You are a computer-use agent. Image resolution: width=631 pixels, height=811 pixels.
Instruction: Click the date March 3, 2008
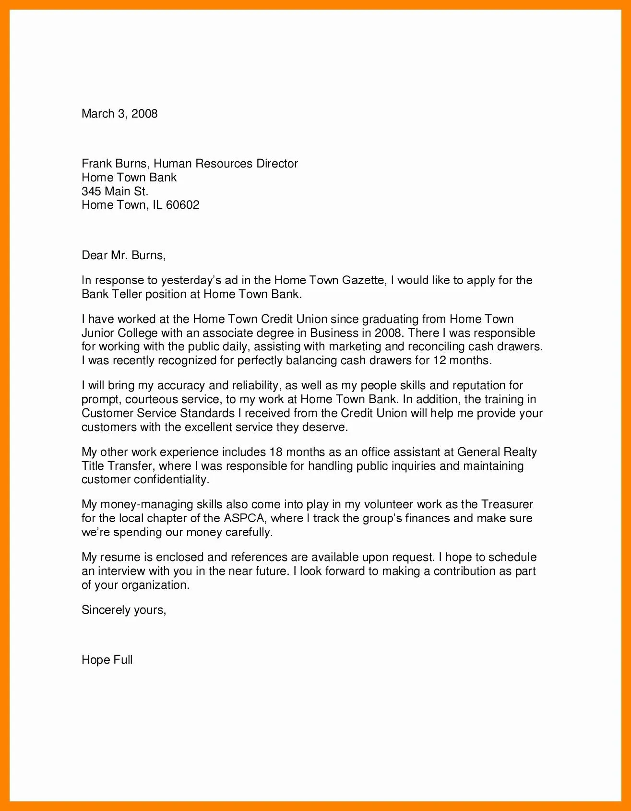(119, 114)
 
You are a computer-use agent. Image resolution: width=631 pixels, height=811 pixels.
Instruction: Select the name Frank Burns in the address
(114, 164)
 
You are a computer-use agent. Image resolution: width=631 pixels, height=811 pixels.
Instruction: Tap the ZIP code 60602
(182, 205)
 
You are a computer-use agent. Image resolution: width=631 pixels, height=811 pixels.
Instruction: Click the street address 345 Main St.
(115, 191)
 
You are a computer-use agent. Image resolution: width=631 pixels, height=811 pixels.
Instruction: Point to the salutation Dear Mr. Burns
(123, 255)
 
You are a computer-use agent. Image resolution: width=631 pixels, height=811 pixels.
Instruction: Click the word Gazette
(363, 280)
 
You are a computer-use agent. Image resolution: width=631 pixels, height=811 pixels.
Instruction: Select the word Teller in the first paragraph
(127, 294)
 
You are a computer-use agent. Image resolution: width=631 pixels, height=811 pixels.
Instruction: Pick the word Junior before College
(97, 333)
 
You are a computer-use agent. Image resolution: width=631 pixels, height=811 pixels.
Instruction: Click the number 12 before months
(440, 360)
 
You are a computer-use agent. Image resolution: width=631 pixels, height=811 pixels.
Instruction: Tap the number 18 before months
(276, 452)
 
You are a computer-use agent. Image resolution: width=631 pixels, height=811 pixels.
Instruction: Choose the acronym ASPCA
(244, 518)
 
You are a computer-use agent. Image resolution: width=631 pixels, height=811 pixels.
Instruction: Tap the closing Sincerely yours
(124, 610)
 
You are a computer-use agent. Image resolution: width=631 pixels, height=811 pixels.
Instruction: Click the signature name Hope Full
(107, 660)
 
